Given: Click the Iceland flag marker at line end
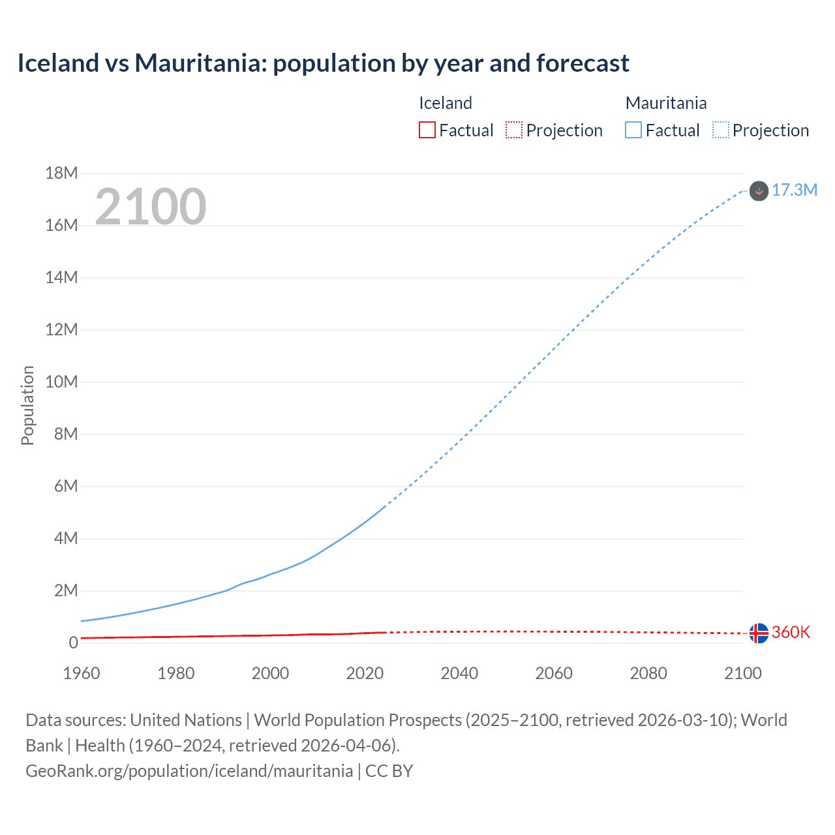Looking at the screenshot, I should point(759,633).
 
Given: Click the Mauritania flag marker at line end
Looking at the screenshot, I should point(759,190).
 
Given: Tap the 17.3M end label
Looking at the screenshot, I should point(794,190).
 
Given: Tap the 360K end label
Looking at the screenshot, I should point(791,632).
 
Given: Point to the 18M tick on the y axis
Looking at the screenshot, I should point(61,173).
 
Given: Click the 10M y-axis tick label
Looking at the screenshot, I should point(61,382).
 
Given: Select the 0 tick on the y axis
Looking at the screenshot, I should point(73,643).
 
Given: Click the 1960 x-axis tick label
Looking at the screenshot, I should point(82,673).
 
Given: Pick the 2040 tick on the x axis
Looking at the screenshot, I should point(459,673).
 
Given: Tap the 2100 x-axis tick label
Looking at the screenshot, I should point(742,673).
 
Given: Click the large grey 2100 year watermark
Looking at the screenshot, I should point(151,207).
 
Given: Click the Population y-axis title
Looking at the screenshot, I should point(27,405).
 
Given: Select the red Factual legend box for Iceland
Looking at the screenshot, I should point(427,130).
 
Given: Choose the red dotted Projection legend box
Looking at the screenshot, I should point(514,130).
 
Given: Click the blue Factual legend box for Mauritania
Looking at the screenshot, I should point(633,130).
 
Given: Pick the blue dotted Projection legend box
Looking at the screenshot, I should point(721,130).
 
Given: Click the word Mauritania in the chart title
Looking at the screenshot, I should point(198,63).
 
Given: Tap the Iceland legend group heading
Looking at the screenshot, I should point(445,103).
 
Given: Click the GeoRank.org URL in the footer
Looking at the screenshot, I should point(189,771).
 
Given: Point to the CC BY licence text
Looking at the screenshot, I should point(389,771).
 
